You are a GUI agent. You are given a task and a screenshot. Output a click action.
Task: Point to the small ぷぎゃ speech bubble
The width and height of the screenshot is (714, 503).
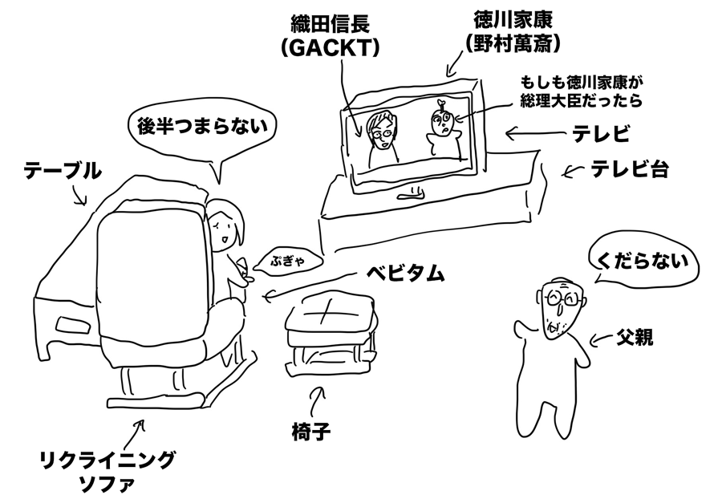pyautogui.click(x=288, y=262)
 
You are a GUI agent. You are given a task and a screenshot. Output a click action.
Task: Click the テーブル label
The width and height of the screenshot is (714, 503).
pyautogui.click(x=63, y=171)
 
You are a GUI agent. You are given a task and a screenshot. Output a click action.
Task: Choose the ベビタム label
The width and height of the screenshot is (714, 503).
pyautogui.click(x=405, y=274)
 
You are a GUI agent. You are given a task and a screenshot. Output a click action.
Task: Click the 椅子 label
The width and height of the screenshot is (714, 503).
pyautogui.click(x=311, y=432)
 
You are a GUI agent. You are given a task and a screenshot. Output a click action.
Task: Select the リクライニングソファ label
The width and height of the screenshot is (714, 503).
pyautogui.click(x=108, y=472)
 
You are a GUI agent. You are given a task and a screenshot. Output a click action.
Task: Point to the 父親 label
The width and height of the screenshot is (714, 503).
pyautogui.click(x=635, y=337)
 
